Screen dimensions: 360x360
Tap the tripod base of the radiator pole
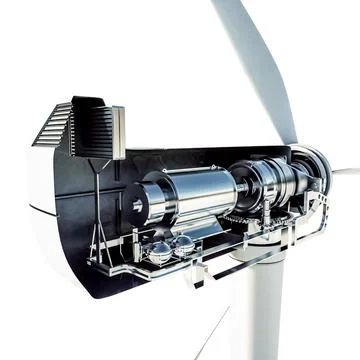(x=98, y=250)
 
